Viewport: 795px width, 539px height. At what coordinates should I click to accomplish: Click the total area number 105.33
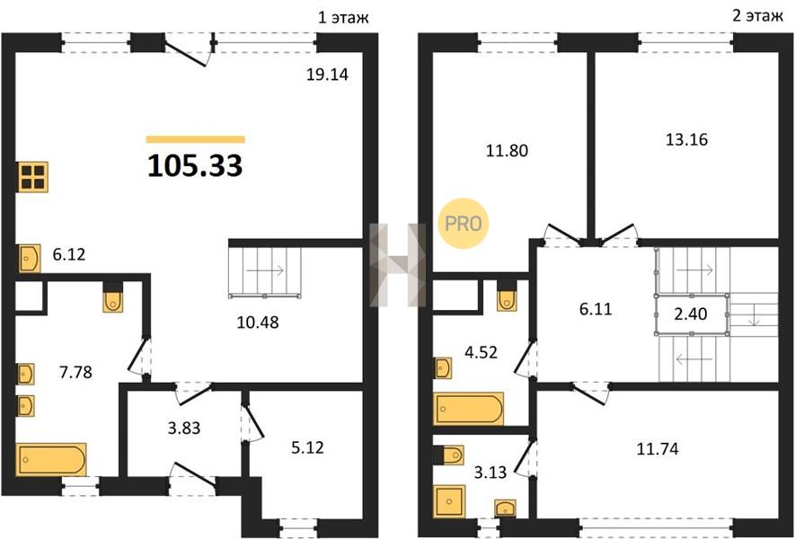[x=195, y=166]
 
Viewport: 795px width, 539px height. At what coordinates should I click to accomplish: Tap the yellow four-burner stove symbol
[x=33, y=176]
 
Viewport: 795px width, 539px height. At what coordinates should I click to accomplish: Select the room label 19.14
[x=327, y=75]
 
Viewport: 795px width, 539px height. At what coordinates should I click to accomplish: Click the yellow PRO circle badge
[x=463, y=223]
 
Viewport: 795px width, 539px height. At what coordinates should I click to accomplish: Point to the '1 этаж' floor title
[x=343, y=17]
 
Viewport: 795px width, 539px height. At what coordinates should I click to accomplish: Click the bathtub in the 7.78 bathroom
[x=51, y=459]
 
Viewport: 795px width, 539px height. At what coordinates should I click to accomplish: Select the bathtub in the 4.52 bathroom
[x=469, y=409]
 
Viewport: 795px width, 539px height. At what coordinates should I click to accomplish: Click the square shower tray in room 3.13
[x=449, y=501]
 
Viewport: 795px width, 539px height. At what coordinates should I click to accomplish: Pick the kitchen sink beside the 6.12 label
[x=30, y=258]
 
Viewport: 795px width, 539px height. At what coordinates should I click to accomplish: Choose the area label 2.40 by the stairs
[x=690, y=314]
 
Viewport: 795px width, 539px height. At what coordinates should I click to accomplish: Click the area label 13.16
[x=686, y=139]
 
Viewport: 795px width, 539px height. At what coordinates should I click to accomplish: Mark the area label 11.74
[x=657, y=449]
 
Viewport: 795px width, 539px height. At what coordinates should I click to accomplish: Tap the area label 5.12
[x=308, y=447]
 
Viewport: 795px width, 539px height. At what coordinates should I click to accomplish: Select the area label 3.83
[x=184, y=428]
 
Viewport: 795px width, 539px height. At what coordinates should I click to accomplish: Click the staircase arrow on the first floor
[x=265, y=271]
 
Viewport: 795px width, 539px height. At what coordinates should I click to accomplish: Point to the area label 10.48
[x=258, y=322]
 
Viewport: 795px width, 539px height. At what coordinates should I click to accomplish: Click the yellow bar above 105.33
[x=195, y=139]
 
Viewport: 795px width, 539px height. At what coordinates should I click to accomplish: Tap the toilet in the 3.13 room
[x=452, y=455]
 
